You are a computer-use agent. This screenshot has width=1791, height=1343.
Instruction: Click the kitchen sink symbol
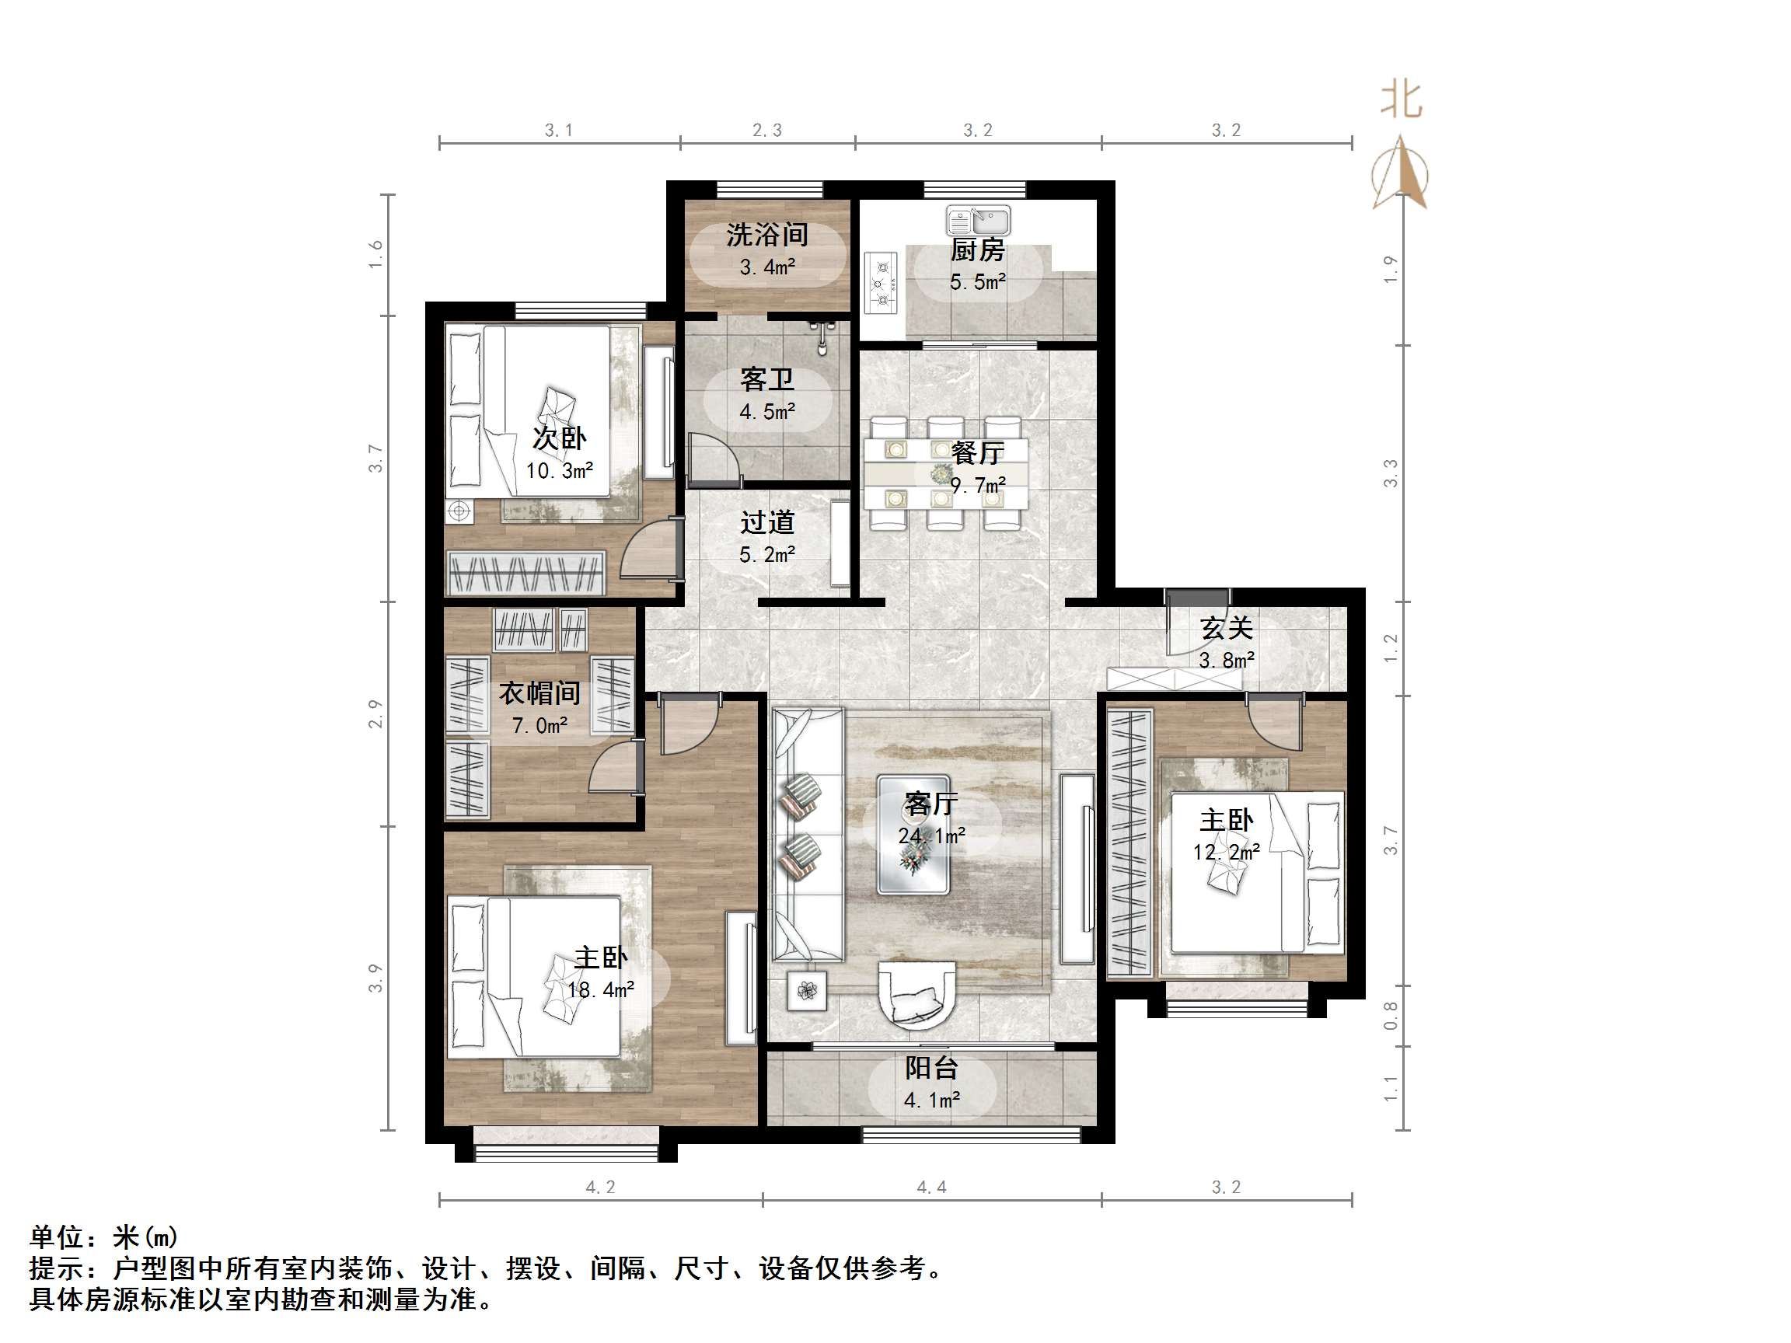tap(978, 218)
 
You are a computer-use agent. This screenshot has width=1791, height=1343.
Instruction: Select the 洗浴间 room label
tap(766, 235)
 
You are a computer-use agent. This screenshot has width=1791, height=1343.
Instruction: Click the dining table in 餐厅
tap(946, 473)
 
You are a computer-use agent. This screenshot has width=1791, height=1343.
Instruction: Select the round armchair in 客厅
tap(916, 993)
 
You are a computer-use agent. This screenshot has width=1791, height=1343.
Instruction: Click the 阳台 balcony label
tap(931, 1069)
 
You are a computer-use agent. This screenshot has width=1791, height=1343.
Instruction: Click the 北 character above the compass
tap(1402, 101)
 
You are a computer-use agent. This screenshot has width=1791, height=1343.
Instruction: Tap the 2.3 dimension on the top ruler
tap(766, 131)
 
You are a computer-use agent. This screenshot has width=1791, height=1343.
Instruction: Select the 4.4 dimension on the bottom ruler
tap(931, 1188)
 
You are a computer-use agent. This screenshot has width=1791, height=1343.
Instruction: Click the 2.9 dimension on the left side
tap(375, 713)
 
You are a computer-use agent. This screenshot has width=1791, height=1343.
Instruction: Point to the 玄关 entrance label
tap(1226, 628)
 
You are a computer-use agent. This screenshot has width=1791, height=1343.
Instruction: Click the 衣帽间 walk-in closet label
tap(539, 693)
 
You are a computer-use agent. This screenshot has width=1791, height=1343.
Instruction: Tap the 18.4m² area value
tap(600, 989)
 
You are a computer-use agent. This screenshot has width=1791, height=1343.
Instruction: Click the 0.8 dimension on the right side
tap(1390, 1016)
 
